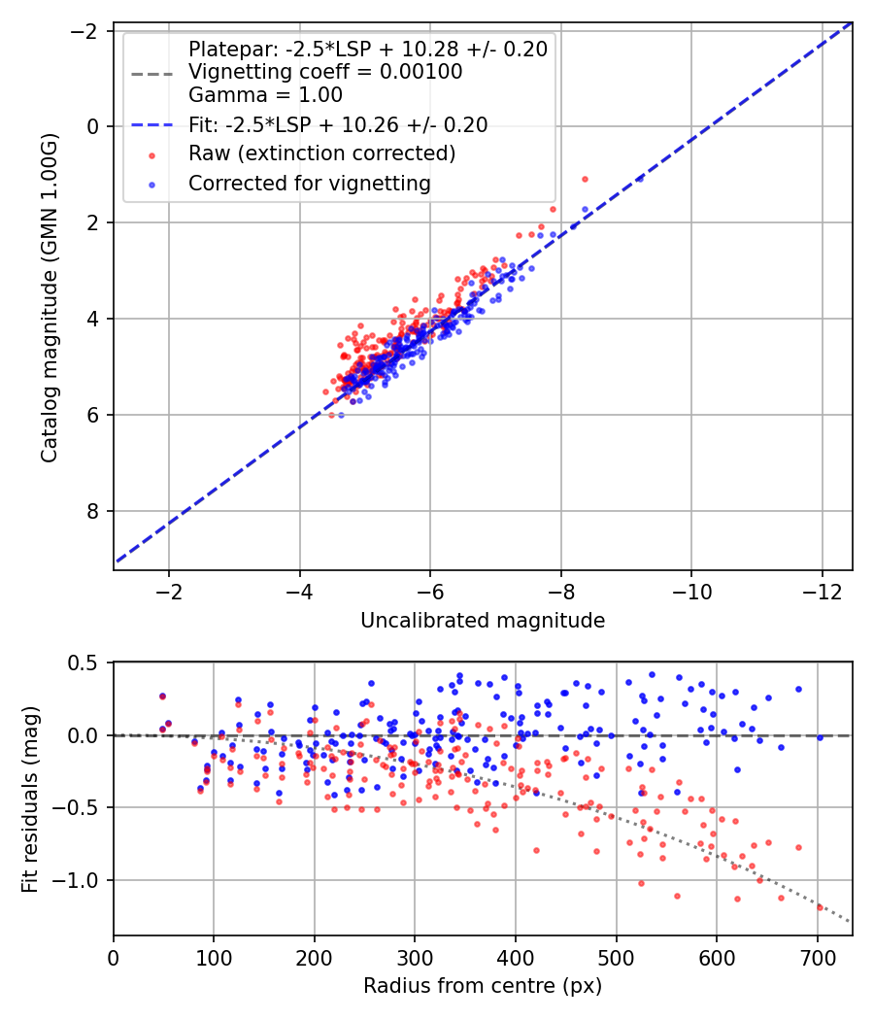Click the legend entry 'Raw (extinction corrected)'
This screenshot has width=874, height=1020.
coord(321,153)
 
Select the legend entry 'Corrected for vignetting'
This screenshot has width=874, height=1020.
coord(309,183)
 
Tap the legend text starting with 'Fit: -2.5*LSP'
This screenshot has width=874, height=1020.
coord(337,124)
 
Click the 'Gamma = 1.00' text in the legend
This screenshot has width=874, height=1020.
coord(265,95)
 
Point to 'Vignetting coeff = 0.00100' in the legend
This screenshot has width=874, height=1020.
coord(324,72)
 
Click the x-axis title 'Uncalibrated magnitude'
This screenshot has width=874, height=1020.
coord(483,621)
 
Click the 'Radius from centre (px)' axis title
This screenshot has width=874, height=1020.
coord(483,986)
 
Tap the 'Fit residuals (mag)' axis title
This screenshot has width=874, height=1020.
coord(30,799)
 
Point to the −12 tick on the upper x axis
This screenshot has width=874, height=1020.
coord(822,592)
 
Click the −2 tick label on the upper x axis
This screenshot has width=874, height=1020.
coord(169,592)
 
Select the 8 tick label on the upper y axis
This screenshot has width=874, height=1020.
coord(94,511)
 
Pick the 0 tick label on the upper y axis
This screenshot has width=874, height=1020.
coord(94,126)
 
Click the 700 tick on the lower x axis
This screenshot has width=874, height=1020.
coord(817,957)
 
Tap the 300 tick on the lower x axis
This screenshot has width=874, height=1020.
coord(415,957)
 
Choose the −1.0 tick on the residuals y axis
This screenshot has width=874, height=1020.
coord(82,880)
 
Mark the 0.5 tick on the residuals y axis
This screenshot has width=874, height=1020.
coord(86,663)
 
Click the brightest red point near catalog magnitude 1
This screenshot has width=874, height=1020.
coord(585,179)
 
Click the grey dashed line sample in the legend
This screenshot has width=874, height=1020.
coord(152,73)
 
